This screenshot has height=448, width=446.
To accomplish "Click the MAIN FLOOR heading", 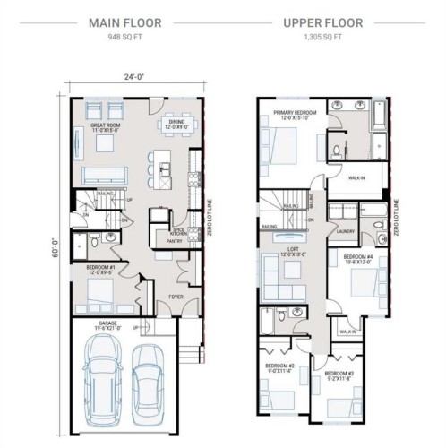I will pyautogui.click(x=124, y=25).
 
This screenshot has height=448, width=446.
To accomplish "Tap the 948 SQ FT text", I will pyautogui.click(x=124, y=39).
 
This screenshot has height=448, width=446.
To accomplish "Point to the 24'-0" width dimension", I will pyautogui.click(x=134, y=76).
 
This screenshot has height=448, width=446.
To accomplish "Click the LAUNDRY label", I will pyautogui.click(x=345, y=230).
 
